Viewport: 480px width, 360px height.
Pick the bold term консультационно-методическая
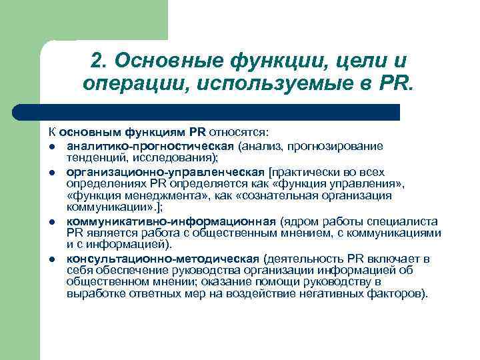pos(163,258)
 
